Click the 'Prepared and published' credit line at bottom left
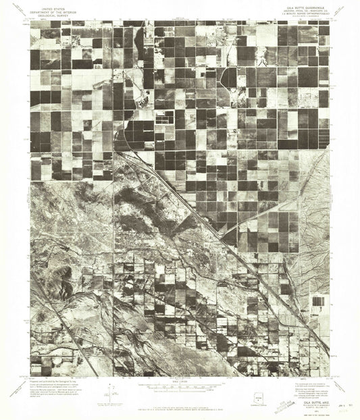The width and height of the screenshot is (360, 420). pos(57,382)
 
